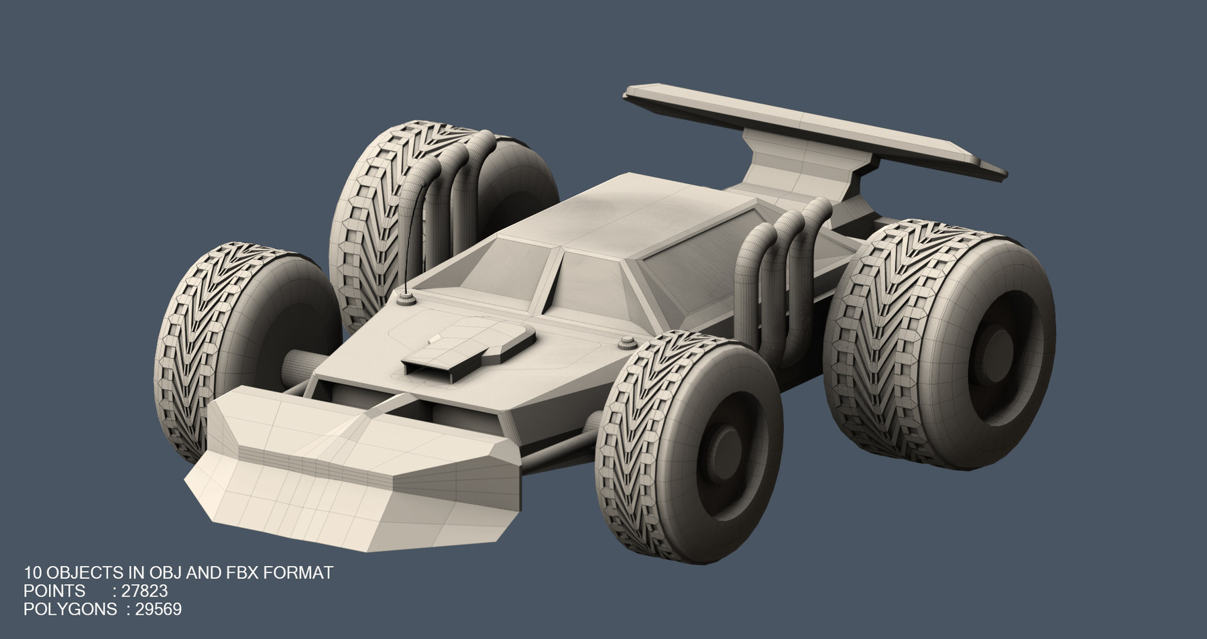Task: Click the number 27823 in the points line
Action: pos(144,591)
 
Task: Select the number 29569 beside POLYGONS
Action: pos(158,609)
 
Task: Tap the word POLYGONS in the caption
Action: pos(70,609)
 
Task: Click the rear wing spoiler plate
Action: pos(805,127)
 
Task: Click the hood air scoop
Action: pos(469,349)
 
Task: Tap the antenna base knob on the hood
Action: pos(405,298)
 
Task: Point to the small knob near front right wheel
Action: pos(628,343)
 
